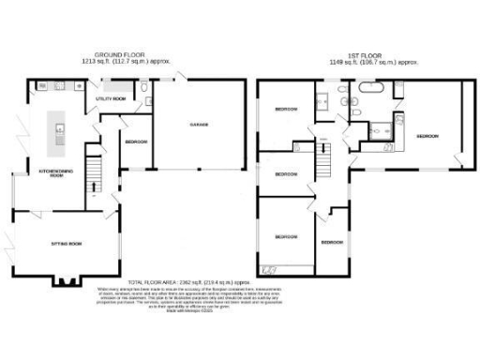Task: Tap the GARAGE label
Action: (197, 124)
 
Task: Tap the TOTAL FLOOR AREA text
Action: (187, 281)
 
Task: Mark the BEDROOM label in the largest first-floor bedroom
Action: (427, 136)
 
